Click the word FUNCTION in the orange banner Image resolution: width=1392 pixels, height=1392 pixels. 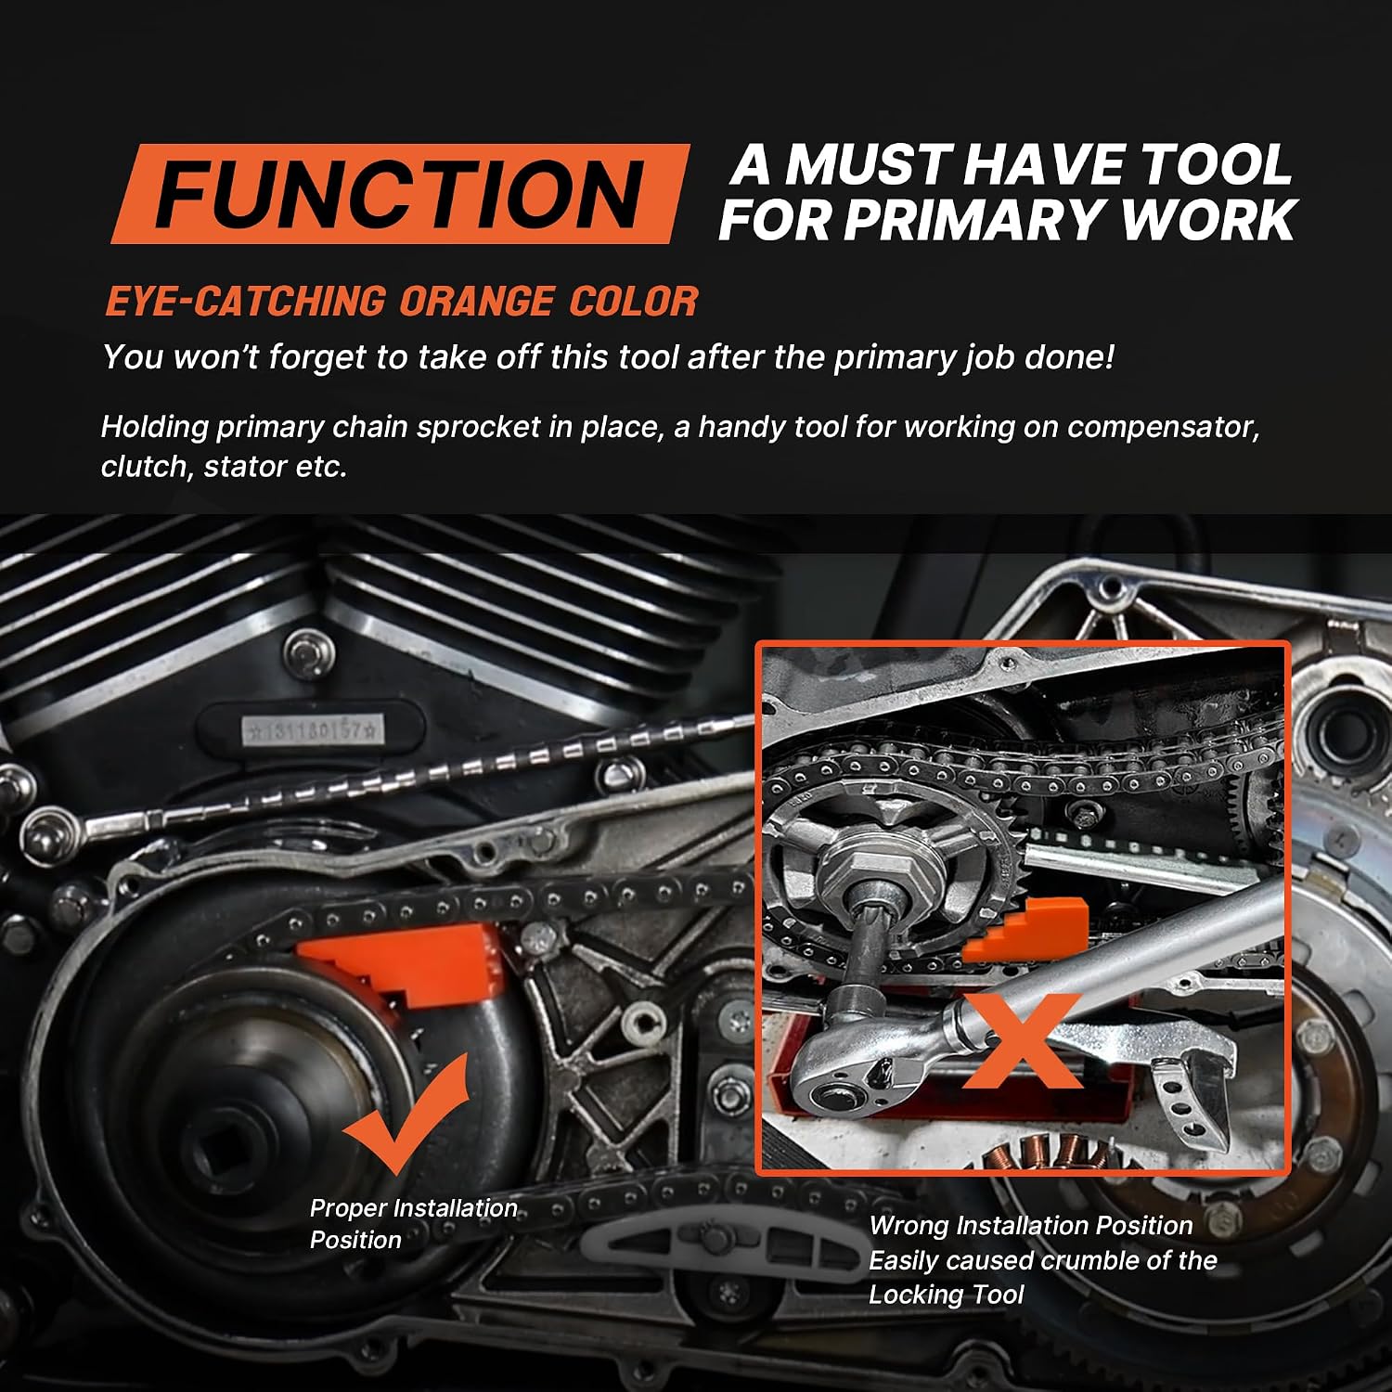[400, 194]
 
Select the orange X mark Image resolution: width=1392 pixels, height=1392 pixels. [1021, 1040]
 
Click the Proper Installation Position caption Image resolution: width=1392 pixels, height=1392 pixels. [413, 1223]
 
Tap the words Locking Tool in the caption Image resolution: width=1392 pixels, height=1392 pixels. [946, 1295]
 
